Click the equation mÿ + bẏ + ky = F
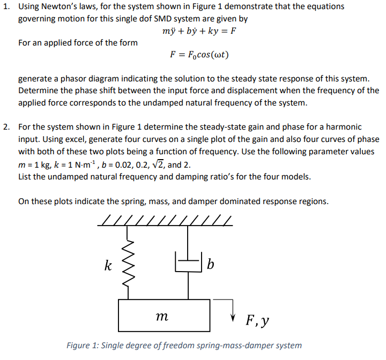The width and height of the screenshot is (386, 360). (x=199, y=31)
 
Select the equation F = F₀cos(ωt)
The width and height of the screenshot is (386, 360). (x=199, y=55)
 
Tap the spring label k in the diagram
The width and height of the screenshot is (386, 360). (x=108, y=265)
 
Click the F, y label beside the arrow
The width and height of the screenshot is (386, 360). (x=257, y=320)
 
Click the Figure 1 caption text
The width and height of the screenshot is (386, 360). (x=184, y=346)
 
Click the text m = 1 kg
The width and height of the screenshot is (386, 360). (x=35, y=163)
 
